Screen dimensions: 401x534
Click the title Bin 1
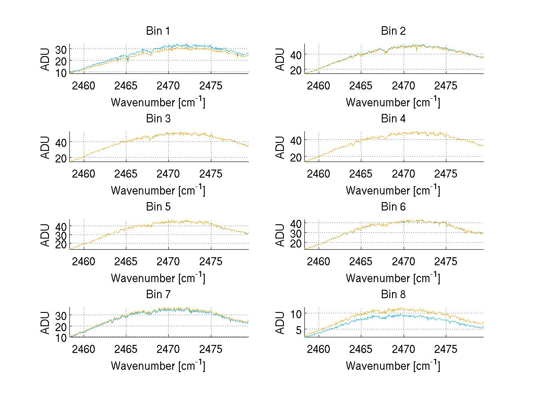(158, 31)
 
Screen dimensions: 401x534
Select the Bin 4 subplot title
(393, 119)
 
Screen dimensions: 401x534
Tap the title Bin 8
(393, 295)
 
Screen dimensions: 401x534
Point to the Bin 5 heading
(158, 207)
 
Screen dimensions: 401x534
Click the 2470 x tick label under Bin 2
(404, 86)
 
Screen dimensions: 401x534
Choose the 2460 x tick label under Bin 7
(83, 349)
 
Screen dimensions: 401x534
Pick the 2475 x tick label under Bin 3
(211, 174)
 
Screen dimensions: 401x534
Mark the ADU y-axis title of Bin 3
(45, 146)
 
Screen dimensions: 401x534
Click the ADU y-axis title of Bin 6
(280, 235)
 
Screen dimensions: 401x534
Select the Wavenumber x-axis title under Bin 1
(158, 102)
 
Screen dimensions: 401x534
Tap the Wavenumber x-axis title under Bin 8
(393, 366)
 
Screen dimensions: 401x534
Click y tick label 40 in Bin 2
(296, 54)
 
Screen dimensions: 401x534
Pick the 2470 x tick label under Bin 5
(169, 261)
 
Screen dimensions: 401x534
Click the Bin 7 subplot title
(158, 295)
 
